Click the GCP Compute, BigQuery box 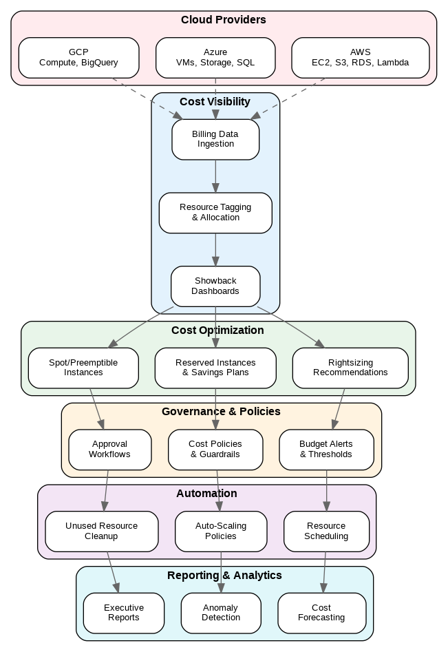coord(78,58)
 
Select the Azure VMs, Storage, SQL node coord(215,58)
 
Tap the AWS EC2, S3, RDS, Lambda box coord(360,58)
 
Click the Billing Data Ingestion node coord(215,140)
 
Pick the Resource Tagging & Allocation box coord(215,213)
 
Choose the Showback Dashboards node coord(215,286)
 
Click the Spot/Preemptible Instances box coord(83,368)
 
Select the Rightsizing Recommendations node coord(350,368)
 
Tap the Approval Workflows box coord(109,450)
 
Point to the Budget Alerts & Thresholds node coord(326,450)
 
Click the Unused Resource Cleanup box coord(101,532)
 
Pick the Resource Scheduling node coord(326,532)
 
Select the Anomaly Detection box coord(221,613)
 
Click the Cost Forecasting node coord(321,613)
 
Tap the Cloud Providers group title coord(224,20)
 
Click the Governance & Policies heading coord(221,412)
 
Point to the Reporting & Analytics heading coord(224,576)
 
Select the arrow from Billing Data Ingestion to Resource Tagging coord(215,176)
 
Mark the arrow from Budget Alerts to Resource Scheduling coord(326,491)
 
